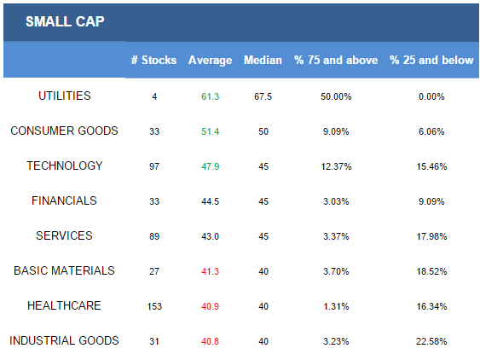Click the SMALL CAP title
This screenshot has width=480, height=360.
[x=65, y=21]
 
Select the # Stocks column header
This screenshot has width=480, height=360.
[x=154, y=60]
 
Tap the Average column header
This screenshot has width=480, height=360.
[x=210, y=61]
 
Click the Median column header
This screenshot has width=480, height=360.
[x=263, y=60]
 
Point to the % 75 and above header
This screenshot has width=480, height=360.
[x=336, y=60]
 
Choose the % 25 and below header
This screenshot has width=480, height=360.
[x=431, y=60]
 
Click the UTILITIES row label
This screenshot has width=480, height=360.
[x=65, y=96]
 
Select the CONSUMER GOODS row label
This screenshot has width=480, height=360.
[x=64, y=131]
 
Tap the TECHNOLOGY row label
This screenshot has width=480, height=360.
[x=65, y=165]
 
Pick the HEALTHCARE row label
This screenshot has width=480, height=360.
[x=64, y=305]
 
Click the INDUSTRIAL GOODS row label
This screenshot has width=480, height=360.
[x=64, y=340]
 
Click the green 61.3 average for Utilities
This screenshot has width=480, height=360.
[x=210, y=96]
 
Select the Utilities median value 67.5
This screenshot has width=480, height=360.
[x=263, y=96]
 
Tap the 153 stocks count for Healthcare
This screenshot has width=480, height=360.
[x=154, y=306]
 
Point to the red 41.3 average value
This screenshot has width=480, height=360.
[x=210, y=271]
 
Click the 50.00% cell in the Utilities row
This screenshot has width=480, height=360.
[x=336, y=96]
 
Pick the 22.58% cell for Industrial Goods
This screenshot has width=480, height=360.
[x=431, y=341]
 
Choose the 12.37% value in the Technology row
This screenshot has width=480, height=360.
[x=336, y=166]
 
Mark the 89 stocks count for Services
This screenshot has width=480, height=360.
[x=154, y=236]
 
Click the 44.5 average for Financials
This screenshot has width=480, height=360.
[x=210, y=201]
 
